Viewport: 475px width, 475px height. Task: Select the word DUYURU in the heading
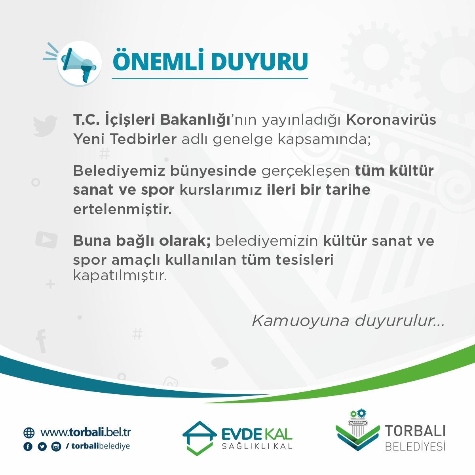point(260,62)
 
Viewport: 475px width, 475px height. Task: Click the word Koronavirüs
point(391,120)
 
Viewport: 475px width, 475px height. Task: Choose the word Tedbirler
point(143,139)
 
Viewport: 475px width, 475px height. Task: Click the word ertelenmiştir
point(122,210)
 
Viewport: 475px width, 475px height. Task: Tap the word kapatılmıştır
point(120,275)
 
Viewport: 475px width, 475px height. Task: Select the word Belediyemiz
point(119,171)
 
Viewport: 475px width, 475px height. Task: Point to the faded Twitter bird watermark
point(45,125)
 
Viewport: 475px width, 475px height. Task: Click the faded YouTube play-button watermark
point(46,239)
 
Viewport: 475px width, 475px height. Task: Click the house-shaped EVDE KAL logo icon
point(199,438)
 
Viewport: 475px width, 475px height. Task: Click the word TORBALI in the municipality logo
point(415,431)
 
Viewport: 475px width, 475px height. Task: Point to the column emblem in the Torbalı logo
point(357,424)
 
